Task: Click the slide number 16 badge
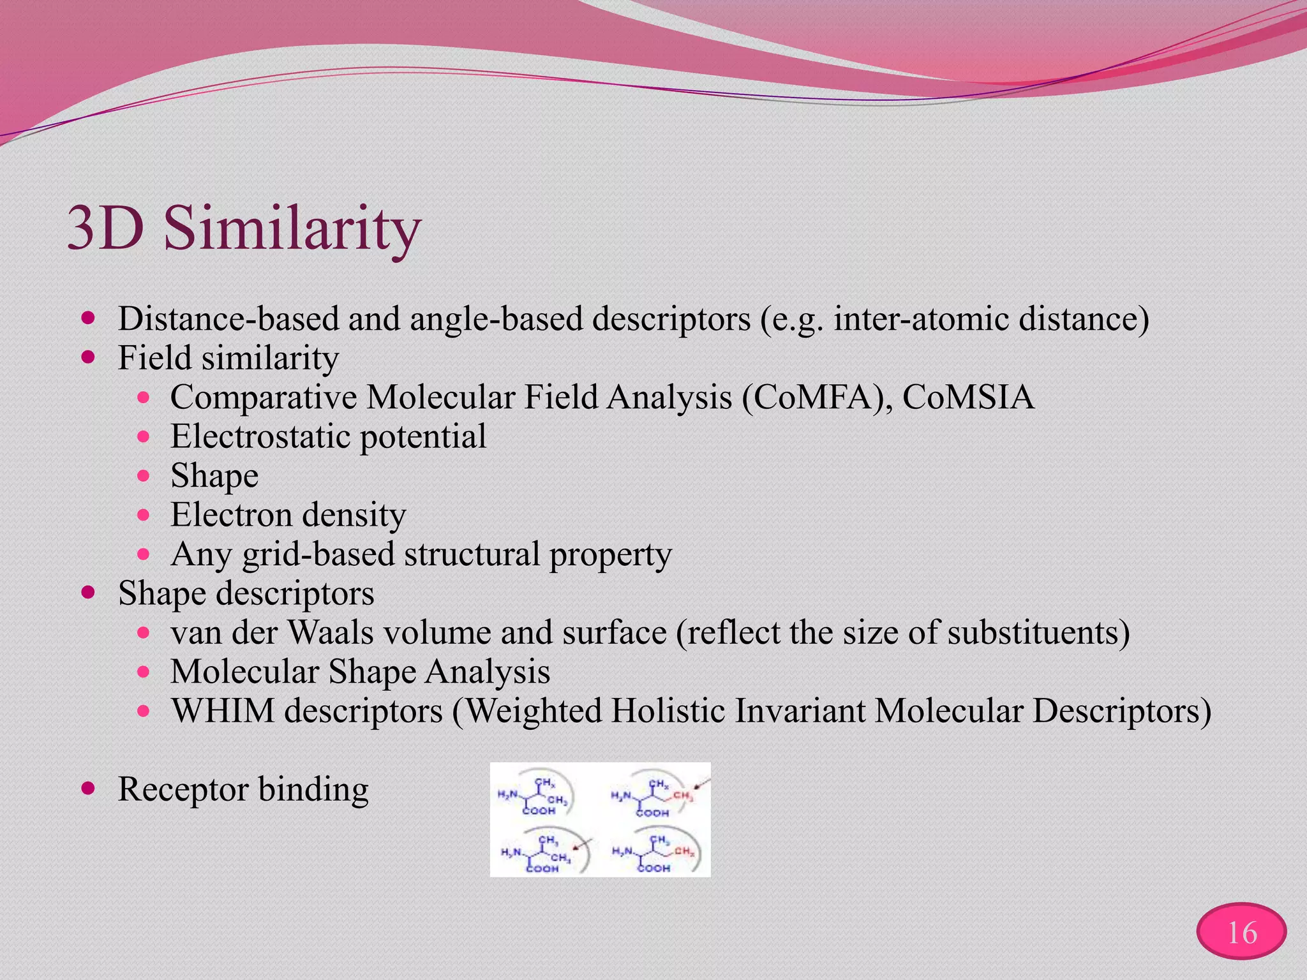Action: pyautogui.click(x=1241, y=933)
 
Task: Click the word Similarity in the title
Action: pyautogui.click(x=292, y=228)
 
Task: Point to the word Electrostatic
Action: pyautogui.click(x=260, y=436)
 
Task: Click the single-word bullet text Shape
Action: pyautogui.click(x=214, y=476)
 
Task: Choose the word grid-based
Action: pyautogui.click(x=318, y=554)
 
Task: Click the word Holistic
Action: pyautogui.click(x=668, y=711)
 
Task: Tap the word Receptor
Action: pyautogui.click(x=183, y=789)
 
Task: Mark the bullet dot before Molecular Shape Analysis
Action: pyautogui.click(x=144, y=672)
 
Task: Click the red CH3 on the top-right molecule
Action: pyautogui.click(x=682, y=796)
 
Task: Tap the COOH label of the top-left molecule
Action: pyautogui.click(x=539, y=811)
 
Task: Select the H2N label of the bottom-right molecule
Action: pyautogui.click(x=622, y=851)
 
